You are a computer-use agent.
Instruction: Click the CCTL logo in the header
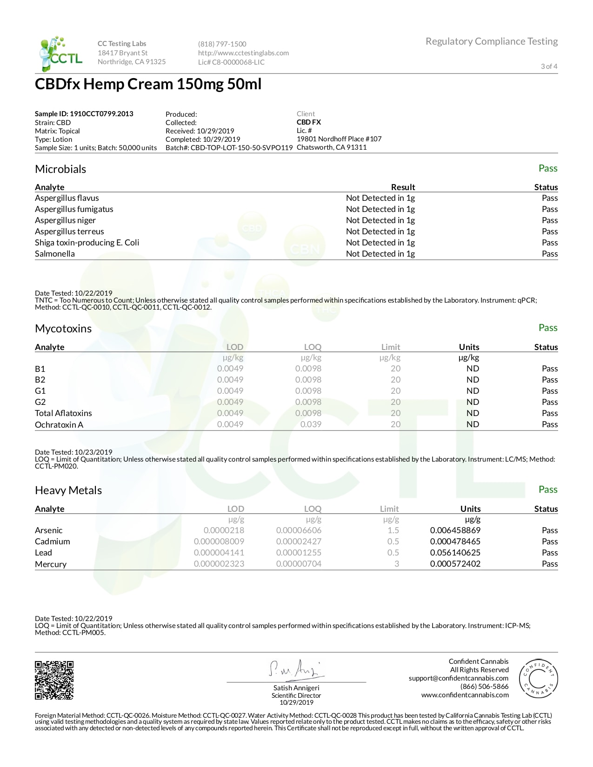tap(60, 54)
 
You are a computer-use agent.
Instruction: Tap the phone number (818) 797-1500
tap(222, 44)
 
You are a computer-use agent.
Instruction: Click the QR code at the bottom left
tap(54, 680)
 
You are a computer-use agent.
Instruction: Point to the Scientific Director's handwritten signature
tap(295, 669)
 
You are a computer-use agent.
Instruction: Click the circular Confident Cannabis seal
tap(538, 679)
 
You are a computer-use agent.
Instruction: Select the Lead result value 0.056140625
tap(455, 553)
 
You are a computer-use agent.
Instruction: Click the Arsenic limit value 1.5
tap(393, 530)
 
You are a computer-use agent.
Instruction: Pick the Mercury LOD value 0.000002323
tap(219, 564)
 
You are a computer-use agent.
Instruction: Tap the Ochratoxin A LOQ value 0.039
tap(311, 424)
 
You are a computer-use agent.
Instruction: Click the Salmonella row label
tap(55, 254)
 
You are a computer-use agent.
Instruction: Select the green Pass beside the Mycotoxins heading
tap(548, 328)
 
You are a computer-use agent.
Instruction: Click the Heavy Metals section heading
tap(68, 490)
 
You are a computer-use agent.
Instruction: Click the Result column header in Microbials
tap(403, 187)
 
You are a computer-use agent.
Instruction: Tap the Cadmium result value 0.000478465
tap(455, 542)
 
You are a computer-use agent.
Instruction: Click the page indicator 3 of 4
tap(549, 66)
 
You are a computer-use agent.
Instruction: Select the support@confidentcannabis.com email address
tap(459, 678)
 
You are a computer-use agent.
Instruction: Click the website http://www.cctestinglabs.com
tap(243, 53)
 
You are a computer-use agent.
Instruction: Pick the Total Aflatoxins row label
tap(63, 413)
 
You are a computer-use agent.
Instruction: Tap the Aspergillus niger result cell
tap(380, 220)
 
